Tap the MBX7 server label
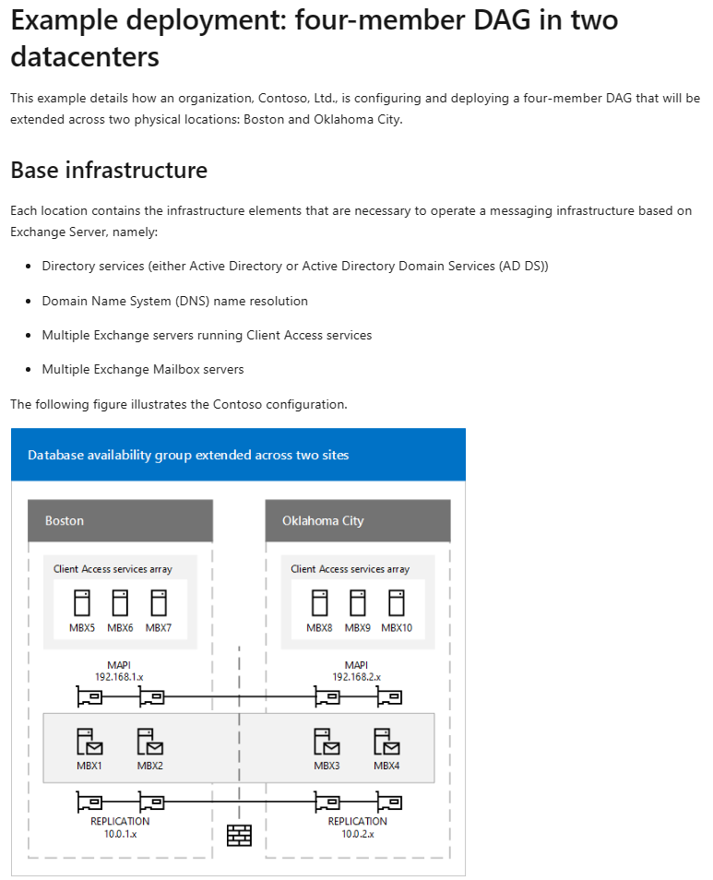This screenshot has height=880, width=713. [159, 628]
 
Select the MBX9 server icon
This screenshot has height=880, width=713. [358, 603]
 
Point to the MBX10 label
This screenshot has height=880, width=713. [397, 628]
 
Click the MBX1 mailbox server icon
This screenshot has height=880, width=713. [89, 741]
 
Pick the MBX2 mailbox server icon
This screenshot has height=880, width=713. [149, 741]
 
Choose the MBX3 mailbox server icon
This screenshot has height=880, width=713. [327, 741]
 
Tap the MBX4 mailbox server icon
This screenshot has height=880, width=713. [386, 741]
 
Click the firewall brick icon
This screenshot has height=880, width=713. [239, 835]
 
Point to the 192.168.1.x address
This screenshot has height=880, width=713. [120, 676]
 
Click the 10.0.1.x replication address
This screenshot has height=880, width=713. [120, 833]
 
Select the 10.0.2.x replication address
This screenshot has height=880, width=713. [357, 833]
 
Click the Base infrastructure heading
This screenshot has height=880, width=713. [109, 171]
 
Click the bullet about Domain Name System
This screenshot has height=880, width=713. [175, 301]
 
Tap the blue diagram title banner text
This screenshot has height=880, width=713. [188, 455]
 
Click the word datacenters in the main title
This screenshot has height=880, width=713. [85, 57]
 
